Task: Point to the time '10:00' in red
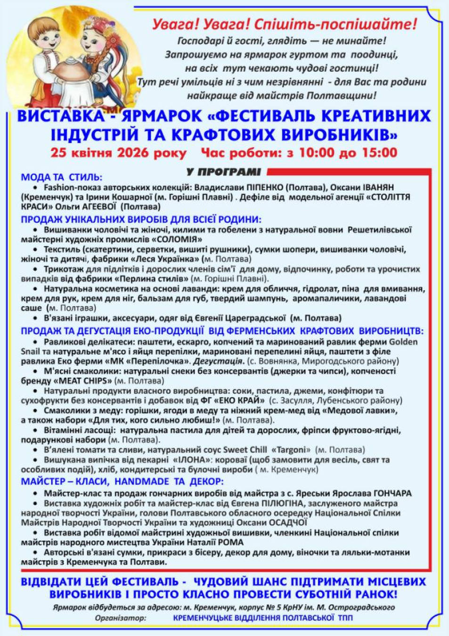coord(315,153)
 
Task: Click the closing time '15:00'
coord(379,153)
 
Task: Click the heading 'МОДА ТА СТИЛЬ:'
coord(61,177)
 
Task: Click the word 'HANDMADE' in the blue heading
coord(141,481)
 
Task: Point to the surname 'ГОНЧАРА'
coord(392,493)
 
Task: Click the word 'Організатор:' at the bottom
coord(121,618)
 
